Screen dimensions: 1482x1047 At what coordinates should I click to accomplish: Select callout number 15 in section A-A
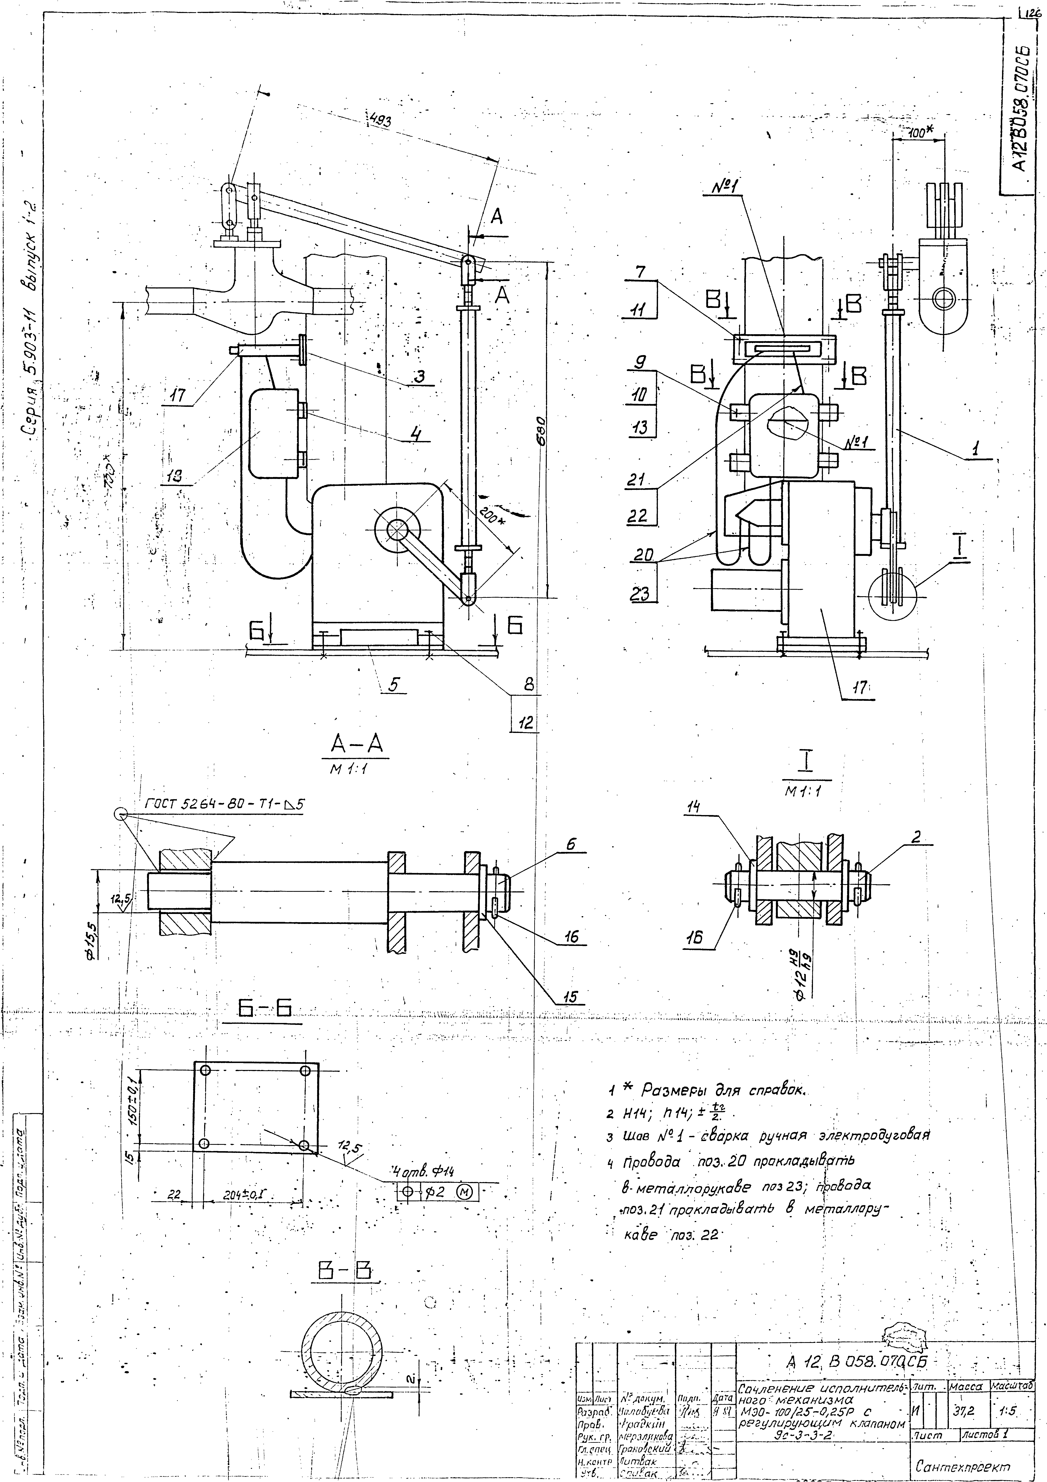(569, 996)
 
